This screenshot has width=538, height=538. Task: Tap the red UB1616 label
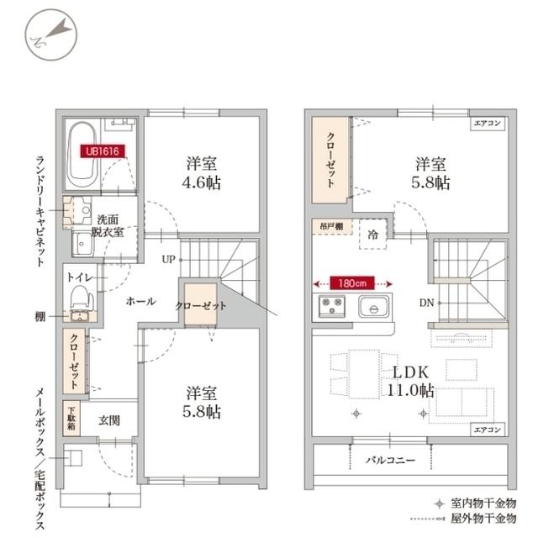point(99,152)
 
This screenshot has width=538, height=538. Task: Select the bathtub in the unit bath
point(82,155)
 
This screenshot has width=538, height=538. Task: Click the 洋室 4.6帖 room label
point(201,172)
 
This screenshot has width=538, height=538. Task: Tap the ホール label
point(140,301)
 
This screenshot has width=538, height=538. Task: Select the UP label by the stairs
point(169,259)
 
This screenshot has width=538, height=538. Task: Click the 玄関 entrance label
point(109,419)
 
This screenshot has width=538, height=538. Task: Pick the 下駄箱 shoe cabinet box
point(72,417)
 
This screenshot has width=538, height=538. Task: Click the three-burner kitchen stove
point(327,307)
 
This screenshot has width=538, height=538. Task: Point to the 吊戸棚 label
point(330,226)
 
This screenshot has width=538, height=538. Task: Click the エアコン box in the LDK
point(488,430)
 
